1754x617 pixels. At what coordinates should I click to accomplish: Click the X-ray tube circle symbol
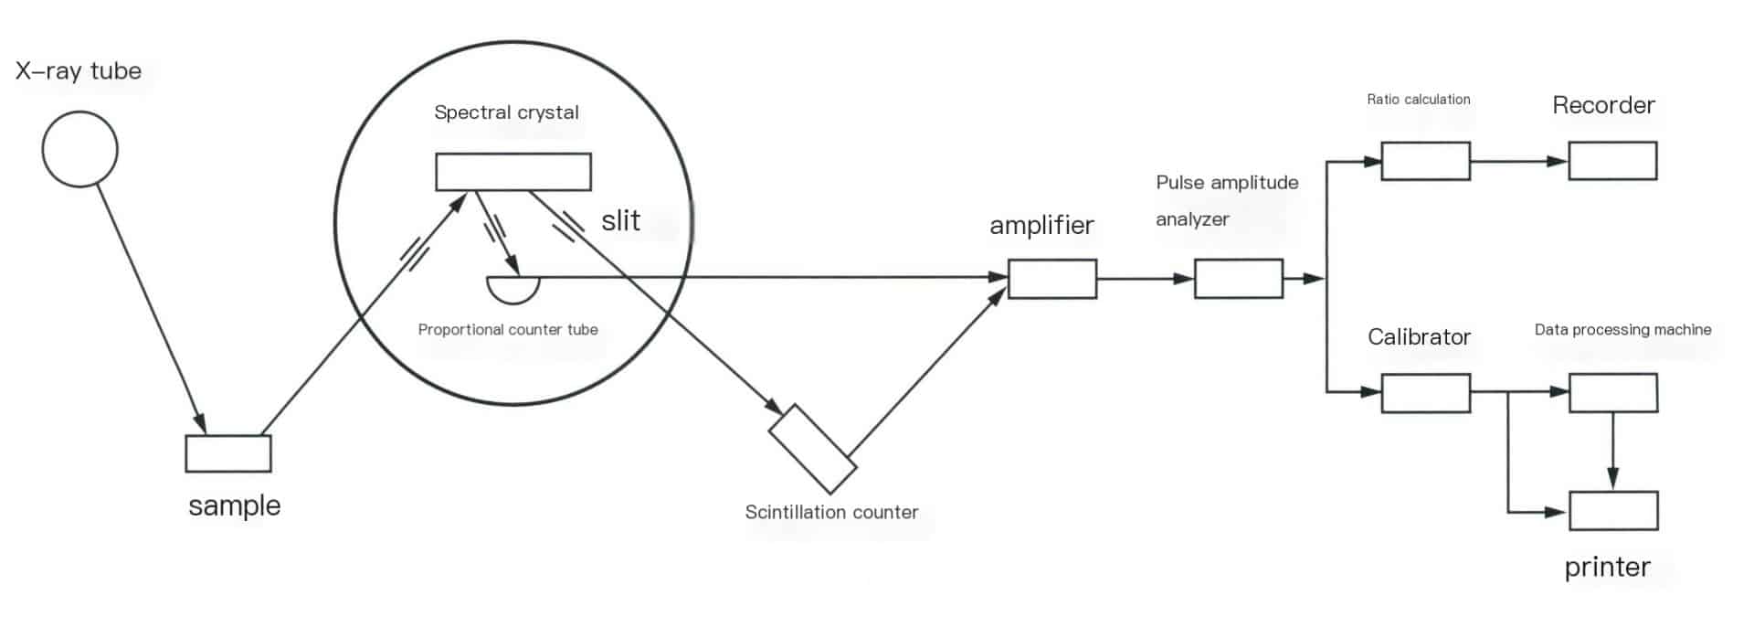(80, 149)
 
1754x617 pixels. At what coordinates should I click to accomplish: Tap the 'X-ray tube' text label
(79, 71)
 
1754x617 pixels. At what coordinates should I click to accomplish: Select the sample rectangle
(228, 453)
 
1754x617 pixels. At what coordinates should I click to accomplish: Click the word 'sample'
(235, 505)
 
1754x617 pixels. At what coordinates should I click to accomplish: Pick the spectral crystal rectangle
(512, 172)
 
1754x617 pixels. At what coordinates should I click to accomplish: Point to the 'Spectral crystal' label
(506, 112)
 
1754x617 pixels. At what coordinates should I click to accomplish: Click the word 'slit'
(620, 220)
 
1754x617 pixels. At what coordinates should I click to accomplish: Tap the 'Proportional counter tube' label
(508, 329)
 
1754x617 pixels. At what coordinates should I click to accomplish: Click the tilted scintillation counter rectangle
(812, 448)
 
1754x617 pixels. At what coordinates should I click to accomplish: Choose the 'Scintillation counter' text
(831, 512)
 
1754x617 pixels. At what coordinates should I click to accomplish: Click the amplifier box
(1052, 279)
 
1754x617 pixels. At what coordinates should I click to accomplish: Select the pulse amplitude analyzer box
(1239, 279)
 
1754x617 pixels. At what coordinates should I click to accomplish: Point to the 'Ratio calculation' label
(1418, 99)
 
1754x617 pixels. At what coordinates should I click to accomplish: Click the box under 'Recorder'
(1612, 161)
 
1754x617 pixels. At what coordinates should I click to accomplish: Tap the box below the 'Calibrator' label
(1425, 393)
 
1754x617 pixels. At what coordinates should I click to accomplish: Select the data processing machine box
(1613, 393)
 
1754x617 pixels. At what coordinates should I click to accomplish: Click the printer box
(1613, 511)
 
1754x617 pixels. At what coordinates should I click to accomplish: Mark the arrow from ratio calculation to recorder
(1518, 161)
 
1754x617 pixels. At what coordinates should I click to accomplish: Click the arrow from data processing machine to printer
(1613, 452)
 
